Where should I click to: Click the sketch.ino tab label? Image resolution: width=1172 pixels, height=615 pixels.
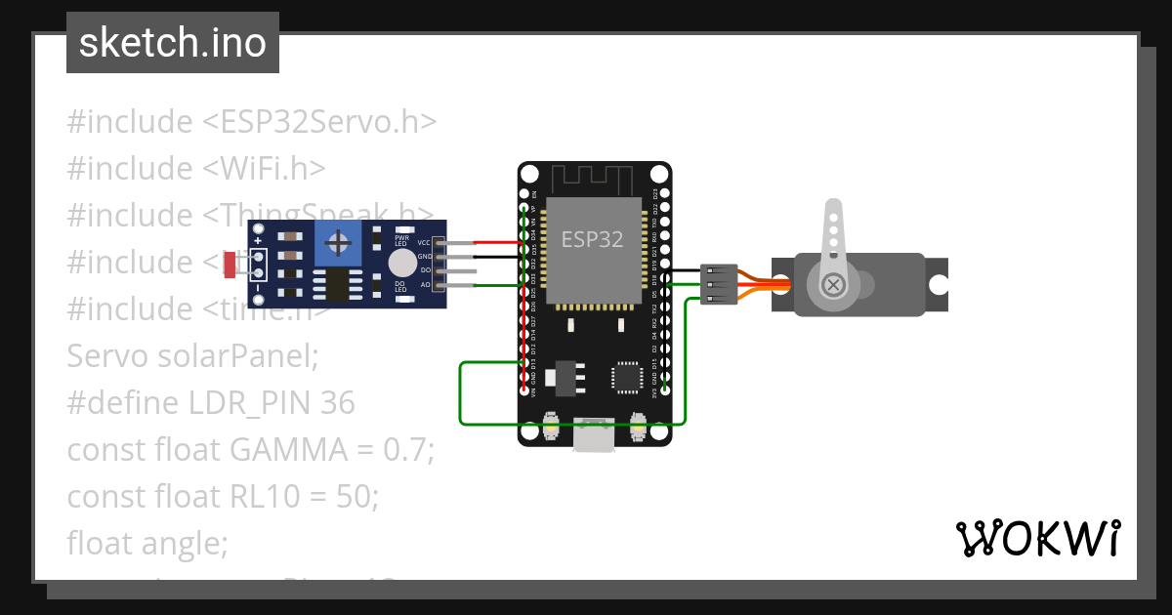173,43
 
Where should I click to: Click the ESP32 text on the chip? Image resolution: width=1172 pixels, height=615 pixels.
592,239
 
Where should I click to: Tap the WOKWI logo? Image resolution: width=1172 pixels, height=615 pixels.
1036,538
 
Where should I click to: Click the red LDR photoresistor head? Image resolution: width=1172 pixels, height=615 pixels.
230,264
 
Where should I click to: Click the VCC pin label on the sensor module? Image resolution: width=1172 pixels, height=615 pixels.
424,242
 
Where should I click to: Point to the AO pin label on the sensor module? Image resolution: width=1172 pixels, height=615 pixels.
425,285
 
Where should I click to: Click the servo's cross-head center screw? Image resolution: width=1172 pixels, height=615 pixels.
833,285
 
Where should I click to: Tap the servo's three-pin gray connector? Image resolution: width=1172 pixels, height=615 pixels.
718,284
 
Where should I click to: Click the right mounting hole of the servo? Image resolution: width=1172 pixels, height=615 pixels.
938,285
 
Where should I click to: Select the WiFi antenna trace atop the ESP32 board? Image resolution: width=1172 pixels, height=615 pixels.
594,179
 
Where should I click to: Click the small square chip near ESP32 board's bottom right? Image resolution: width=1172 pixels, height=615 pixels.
626,376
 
